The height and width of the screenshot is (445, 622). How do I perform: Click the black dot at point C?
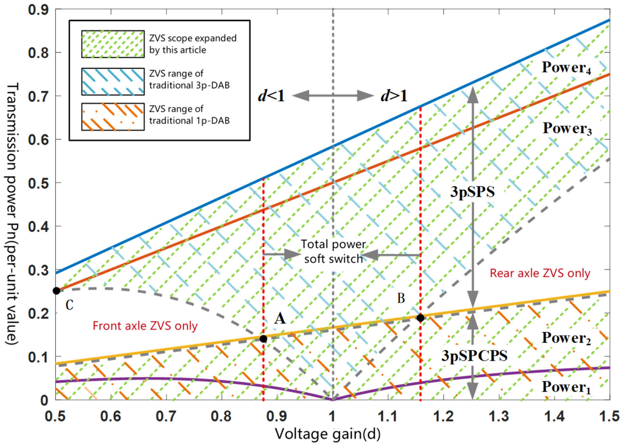click(56, 291)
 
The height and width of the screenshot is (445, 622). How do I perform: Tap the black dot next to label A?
click(263, 339)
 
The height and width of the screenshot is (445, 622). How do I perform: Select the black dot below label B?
click(420, 318)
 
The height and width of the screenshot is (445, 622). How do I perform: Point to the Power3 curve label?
click(567, 128)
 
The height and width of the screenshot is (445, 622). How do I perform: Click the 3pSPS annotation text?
click(472, 192)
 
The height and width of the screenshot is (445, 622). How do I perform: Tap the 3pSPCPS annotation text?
click(474, 356)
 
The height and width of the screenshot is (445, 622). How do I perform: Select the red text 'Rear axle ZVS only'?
click(540, 273)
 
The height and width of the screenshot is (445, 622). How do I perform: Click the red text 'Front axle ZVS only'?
click(145, 326)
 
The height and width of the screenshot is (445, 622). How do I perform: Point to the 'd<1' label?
click(271, 96)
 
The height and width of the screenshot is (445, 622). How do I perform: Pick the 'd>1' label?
click(394, 96)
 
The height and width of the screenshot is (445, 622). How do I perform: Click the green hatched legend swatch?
click(113, 44)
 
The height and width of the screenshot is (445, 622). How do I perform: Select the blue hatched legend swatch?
click(113, 81)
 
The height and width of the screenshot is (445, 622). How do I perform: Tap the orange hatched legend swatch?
click(113, 117)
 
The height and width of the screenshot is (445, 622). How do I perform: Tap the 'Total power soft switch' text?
click(334, 251)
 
